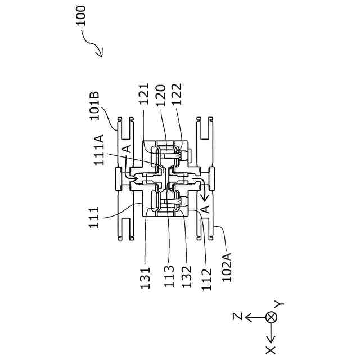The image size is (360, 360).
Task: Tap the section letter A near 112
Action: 206,209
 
